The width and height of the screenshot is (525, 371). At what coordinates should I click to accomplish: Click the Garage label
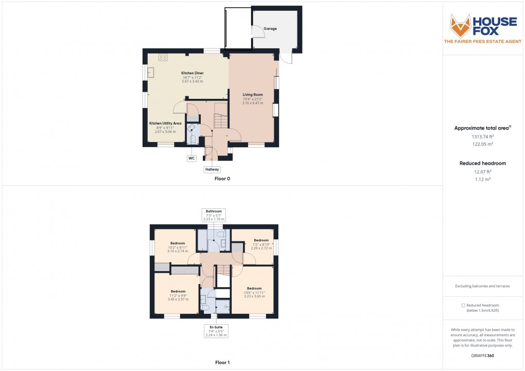pyautogui.click(x=270, y=29)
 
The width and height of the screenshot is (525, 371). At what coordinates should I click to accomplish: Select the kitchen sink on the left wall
pyautogui.click(x=152, y=72)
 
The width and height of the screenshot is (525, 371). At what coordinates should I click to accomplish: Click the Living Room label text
pyautogui.click(x=253, y=95)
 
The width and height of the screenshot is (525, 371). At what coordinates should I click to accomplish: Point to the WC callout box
pyautogui.click(x=191, y=158)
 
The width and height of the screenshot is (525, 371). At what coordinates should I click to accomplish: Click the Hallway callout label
pyautogui.click(x=212, y=169)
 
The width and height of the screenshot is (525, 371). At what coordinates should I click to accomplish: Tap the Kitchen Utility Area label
pyautogui.click(x=165, y=123)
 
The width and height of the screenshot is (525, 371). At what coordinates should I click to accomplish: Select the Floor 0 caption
pyautogui.click(x=222, y=179)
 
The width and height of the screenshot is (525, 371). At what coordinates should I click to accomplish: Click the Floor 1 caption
pyautogui.click(x=222, y=363)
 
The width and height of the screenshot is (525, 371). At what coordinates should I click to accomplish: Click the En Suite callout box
pyautogui.click(x=216, y=330)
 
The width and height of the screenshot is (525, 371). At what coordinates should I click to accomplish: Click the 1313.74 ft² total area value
pyautogui.click(x=483, y=137)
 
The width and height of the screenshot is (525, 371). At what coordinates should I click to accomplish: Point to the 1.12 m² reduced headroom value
pyautogui.click(x=483, y=179)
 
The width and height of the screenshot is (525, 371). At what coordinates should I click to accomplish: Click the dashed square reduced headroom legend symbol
pyautogui.click(x=463, y=305)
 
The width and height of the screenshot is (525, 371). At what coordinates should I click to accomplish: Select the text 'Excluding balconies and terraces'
pyautogui.click(x=482, y=286)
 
